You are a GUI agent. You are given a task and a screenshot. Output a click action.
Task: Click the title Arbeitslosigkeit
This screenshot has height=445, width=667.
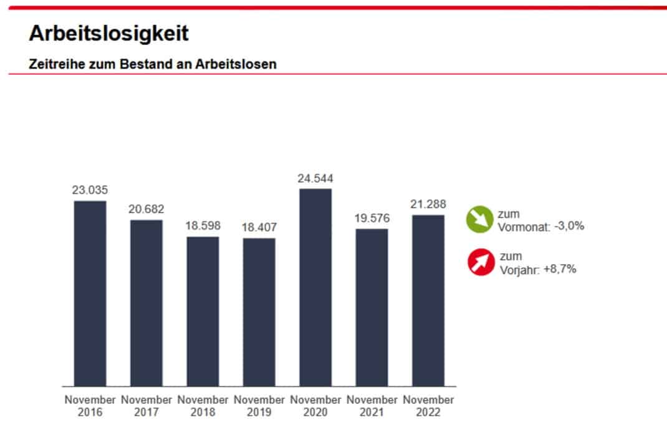(x=108, y=34)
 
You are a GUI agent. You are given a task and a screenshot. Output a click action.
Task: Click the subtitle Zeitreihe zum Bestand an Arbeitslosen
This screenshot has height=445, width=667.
(x=153, y=64)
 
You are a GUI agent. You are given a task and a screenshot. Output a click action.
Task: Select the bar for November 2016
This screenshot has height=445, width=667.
(x=90, y=293)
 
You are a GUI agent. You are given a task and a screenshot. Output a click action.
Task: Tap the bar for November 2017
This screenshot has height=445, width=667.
(x=146, y=303)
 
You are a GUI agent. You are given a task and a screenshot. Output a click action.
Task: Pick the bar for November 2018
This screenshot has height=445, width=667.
(x=203, y=311)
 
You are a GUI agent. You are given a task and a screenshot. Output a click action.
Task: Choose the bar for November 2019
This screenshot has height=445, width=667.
(x=259, y=312)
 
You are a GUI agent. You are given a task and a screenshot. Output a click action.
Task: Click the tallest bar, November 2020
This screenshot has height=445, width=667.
(x=315, y=287)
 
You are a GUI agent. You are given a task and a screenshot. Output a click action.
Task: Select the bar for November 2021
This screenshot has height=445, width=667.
(x=372, y=307)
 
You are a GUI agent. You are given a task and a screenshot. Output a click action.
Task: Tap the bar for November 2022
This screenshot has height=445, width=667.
(x=428, y=300)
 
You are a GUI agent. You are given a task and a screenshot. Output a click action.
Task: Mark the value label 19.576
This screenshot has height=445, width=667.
(x=372, y=219)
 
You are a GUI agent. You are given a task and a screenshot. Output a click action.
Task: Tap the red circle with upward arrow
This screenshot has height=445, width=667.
(x=481, y=262)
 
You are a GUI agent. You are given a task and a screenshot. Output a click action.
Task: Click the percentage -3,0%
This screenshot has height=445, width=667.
(x=569, y=226)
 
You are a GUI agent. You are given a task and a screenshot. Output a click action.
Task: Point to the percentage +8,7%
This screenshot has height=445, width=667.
(x=559, y=269)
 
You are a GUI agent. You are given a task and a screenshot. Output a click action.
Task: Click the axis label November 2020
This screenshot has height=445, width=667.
(x=315, y=406)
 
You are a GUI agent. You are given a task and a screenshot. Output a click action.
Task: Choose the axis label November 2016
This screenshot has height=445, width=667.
(x=90, y=406)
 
